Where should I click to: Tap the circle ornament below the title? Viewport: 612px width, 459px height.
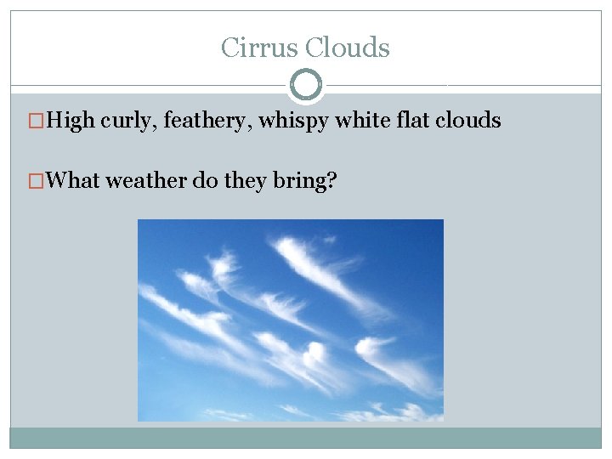pos(306,84)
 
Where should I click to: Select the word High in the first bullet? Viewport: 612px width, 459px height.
pos(71,121)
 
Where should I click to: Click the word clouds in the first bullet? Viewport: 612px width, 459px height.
pos(468,121)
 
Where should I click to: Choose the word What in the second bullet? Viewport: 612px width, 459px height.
pos(74,180)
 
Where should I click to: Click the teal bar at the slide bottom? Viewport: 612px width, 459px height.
pos(306,437)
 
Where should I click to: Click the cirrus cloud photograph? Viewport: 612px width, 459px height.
pos(290,320)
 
